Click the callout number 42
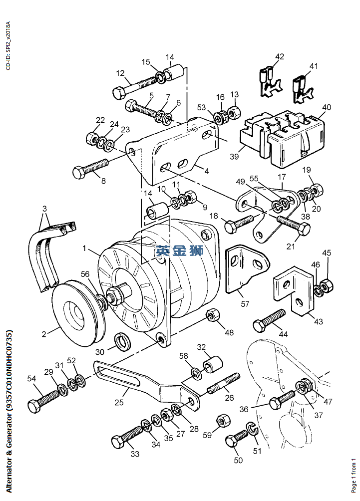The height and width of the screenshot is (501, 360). (x=280, y=57)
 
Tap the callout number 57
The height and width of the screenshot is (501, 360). (x=245, y=303)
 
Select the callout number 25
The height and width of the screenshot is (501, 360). (x=119, y=402)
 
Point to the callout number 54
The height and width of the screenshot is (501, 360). (x=31, y=379)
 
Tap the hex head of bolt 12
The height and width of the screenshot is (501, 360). (x=119, y=93)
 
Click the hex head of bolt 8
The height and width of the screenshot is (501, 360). (x=79, y=173)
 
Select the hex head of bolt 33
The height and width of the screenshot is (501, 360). (x=118, y=442)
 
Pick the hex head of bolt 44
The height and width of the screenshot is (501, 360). (x=259, y=326)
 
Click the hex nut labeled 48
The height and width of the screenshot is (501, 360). (x=213, y=315)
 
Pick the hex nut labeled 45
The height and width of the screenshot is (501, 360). (x=327, y=285)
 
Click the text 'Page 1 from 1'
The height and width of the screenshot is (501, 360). (x=354, y=475)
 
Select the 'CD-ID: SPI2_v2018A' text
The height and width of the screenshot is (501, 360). (x=8, y=46)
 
